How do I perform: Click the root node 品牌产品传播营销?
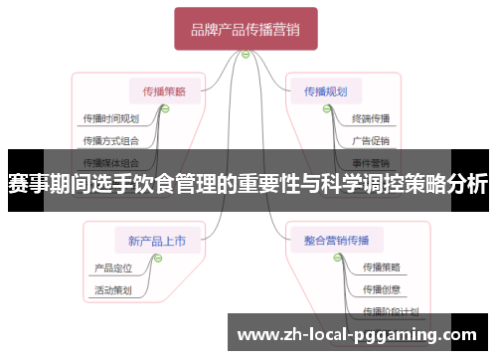point(246,31)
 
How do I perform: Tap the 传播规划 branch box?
point(326,91)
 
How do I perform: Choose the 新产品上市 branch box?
point(157,240)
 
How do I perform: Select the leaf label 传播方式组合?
point(110,140)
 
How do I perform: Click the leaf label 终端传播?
point(370,119)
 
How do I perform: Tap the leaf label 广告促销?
point(370,140)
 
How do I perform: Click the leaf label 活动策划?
point(112,290)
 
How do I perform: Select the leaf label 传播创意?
point(382,289)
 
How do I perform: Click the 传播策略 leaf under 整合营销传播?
point(382,268)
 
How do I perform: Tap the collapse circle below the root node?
point(245,54)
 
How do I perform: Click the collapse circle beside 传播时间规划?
point(165,108)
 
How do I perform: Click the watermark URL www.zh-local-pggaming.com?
point(359,335)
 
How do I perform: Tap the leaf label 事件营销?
point(370,161)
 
